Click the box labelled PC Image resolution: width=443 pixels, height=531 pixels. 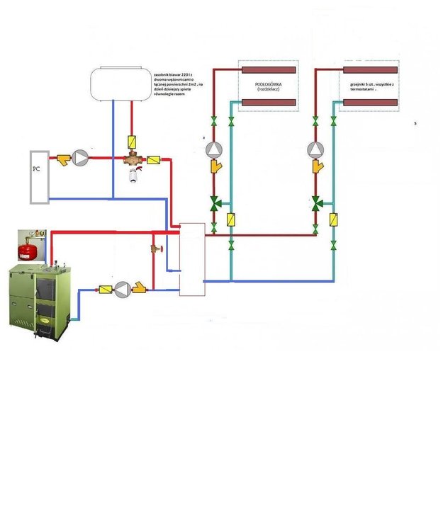[x=39, y=177]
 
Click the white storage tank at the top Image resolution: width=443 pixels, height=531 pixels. [x=118, y=84]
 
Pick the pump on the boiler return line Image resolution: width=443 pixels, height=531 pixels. [x=123, y=288]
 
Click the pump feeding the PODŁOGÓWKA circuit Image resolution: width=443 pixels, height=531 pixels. [x=213, y=150]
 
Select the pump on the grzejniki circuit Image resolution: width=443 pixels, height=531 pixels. [x=315, y=150]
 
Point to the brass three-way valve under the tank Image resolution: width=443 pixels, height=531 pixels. [x=132, y=161]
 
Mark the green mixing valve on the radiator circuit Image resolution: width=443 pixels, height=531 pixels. [x=316, y=204]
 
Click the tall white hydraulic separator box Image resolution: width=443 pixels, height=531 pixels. [x=191, y=259]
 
